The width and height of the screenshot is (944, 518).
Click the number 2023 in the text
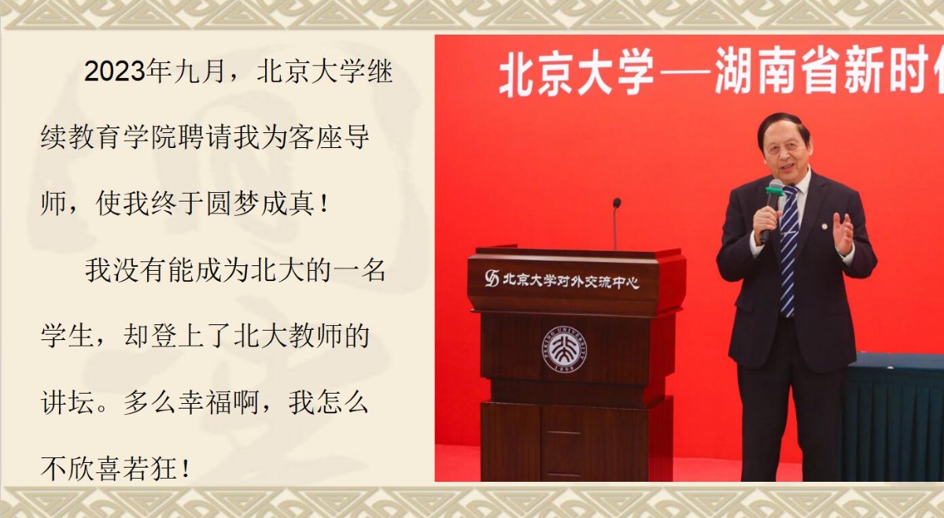tap(115, 72)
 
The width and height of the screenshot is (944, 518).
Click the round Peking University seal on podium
tap(563, 350)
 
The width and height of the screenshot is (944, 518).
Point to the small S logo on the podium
tap(492, 278)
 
